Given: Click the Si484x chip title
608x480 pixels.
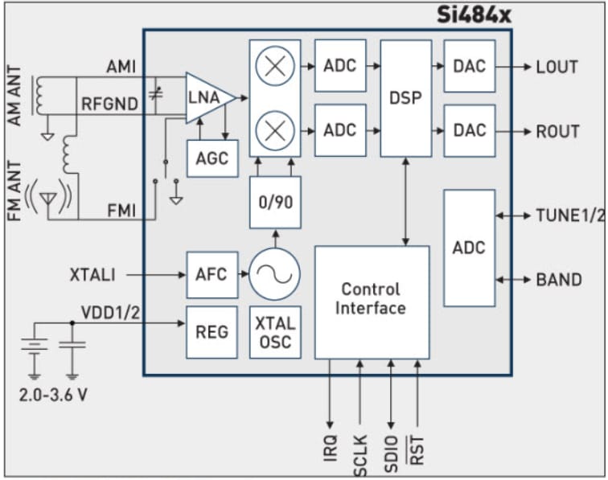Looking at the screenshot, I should coord(474,14).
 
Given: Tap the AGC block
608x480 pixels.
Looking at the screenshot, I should coord(212,158).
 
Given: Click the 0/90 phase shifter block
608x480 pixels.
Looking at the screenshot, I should coord(275,202).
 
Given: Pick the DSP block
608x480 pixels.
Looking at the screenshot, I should coord(405,98).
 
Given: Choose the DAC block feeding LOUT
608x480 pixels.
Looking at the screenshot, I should coord(469,66).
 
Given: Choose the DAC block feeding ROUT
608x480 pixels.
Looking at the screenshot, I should coord(469,129).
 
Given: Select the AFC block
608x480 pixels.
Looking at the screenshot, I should coord(212,275).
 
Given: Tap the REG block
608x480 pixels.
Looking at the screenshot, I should coord(212,331).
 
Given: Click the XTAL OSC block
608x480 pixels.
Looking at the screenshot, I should coord(275,333).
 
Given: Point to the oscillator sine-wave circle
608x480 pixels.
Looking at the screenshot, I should coord(274,275).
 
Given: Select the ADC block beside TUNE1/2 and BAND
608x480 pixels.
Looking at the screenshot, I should coord(469,248).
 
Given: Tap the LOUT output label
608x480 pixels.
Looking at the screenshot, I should coord(557,67).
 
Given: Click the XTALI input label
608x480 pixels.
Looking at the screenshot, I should coord(92,275).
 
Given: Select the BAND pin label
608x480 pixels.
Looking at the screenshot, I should coord(559,280).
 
